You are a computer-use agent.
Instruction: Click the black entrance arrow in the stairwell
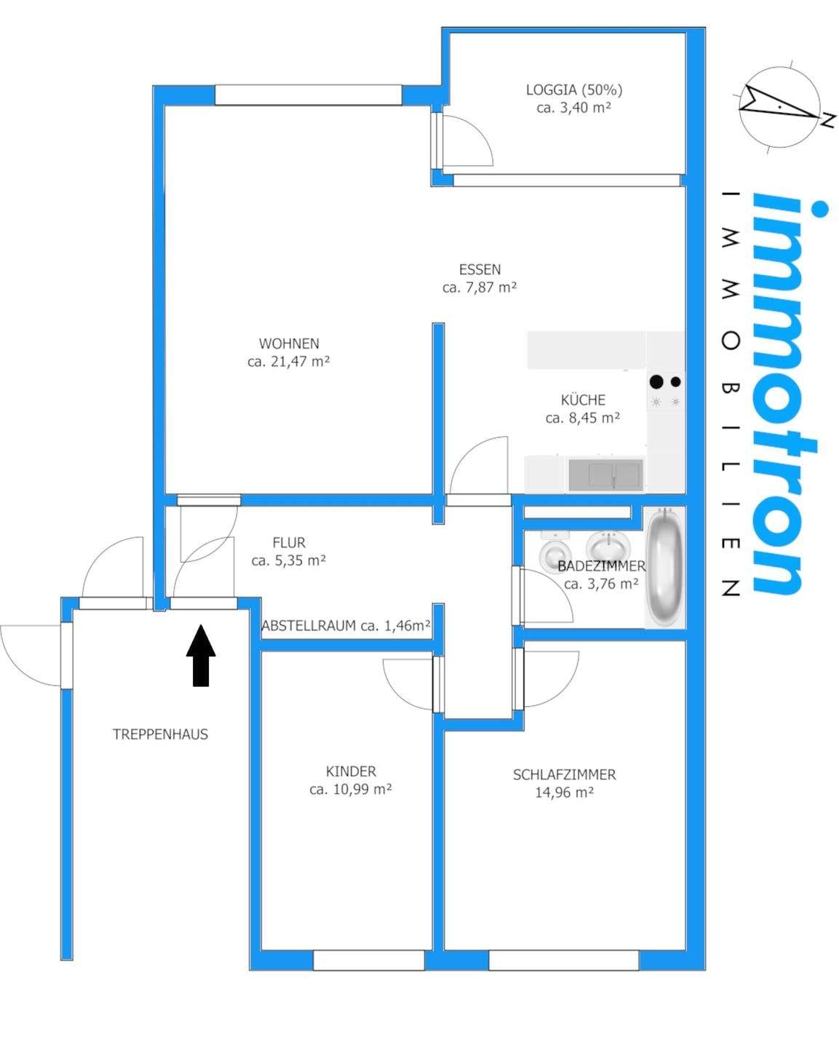click(x=201, y=656)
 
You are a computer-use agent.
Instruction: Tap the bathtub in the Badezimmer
click(x=664, y=566)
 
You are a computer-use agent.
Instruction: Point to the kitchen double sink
click(x=605, y=475)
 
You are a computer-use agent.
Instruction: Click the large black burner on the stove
click(x=656, y=382)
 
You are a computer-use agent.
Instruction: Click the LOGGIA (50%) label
click(x=573, y=90)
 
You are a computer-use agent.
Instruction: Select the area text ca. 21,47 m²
click(x=288, y=362)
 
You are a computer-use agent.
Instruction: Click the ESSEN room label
click(x=480, y=269)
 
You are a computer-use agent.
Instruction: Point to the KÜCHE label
click(x=583, y=400)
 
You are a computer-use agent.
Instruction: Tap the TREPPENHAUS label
click(x=160, y=734)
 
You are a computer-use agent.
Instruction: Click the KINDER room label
click(x=351, y=771)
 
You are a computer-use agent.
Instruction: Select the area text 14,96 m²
click(x=564, y=793)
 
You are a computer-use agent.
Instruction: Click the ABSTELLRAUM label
click(x=309, y=625)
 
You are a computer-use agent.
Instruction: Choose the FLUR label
click(x=289, y=542)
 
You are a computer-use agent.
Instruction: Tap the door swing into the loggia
click(x=467, y=140)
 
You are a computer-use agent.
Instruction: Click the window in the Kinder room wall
click(x=369, y=960)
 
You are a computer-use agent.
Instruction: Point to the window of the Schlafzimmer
click(x=563, y=960)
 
